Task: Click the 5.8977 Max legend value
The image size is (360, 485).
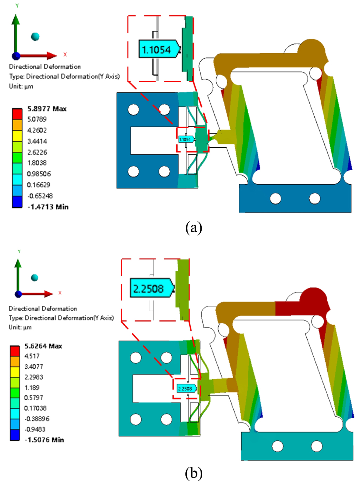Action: click(x=47, y=109)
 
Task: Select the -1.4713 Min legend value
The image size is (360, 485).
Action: click(x=48, y=207)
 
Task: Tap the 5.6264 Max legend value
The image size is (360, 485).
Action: click(x=43, y=346)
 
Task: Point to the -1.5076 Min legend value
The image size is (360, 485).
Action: click(x=44, y=440)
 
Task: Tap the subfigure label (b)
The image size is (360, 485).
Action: click(x=194, y=473)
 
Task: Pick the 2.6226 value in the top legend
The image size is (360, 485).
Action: click(x=37, y=152)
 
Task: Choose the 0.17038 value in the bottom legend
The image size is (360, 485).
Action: click(x=35, y=408)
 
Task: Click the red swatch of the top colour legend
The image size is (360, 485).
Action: click(x=17, y=114)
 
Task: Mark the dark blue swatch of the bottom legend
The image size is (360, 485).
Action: click(x=15, y=435)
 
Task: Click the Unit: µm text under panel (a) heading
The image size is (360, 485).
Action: click(x=21, y=86)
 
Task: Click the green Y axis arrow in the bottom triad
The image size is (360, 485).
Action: click(x=18, y=274)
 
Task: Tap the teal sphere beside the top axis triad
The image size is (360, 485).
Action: click(x=35, y=37)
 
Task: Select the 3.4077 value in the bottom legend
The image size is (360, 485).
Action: click(x=34, y=367)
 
